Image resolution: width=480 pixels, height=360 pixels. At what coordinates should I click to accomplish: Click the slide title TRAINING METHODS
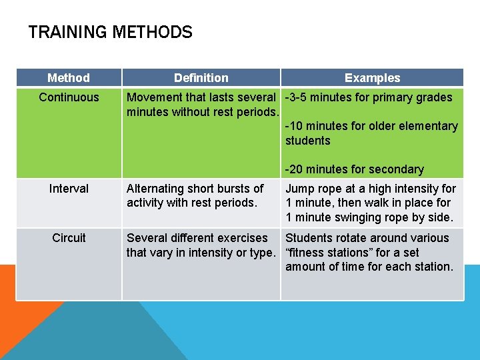[110, 32]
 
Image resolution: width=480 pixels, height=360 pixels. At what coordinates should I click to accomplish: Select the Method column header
[69, 78]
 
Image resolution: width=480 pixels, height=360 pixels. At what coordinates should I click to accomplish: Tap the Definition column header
[201, 78]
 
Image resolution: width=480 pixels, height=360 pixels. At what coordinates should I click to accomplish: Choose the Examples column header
[372, 78]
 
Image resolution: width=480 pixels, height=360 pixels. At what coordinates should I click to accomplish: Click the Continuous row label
[69, 97]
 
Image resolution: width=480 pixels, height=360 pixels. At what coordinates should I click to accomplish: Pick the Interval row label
[69, 189]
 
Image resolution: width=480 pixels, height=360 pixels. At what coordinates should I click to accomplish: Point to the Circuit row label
[69, 238]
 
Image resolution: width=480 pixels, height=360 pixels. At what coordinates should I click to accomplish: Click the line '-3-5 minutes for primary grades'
[369, 97]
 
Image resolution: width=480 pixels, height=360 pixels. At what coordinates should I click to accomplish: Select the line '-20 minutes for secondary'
[354, 169]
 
